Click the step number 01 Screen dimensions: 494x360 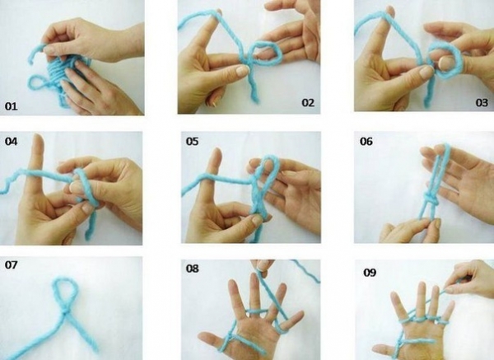click(x=11, y=106)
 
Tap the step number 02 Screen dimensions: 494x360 click(x=308, y=102)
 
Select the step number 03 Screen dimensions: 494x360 click(x=482, y=102)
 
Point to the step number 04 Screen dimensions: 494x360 click(x=11, y=141)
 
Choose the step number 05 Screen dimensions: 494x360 click(x=192, y=141)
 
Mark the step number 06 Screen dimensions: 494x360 click(x=366, y=141)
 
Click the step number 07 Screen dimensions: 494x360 click(x=11, y=264)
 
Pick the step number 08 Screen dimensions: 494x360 click(x=192, y=269)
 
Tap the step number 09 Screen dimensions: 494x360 click(x=370, y=272)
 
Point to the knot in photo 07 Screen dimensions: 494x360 click(x=65, y=311)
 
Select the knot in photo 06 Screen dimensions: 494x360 click(x=431, y=199)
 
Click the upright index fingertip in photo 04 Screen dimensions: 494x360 click(x=39, y=138)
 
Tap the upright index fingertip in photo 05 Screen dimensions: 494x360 click(x=217, y=152)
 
